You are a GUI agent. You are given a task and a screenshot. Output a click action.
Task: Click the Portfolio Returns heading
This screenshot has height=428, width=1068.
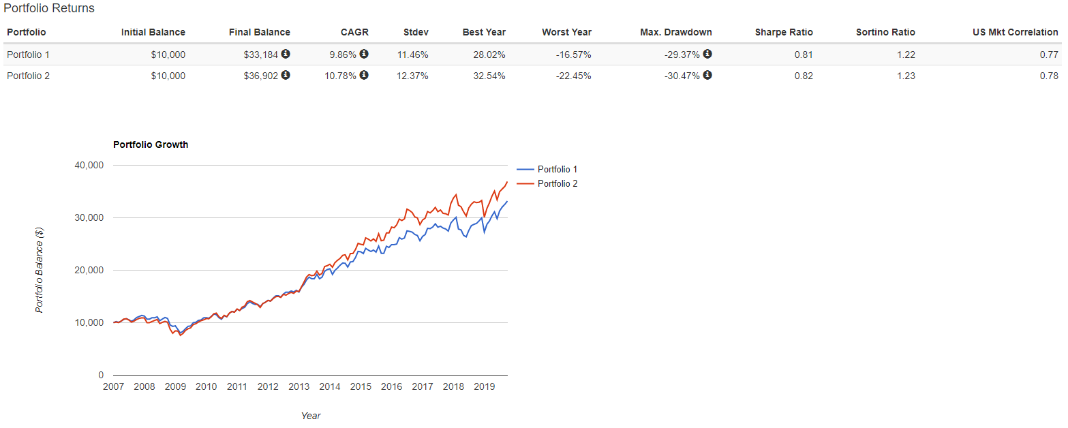49,9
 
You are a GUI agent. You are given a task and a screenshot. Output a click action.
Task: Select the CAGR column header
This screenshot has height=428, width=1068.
354,32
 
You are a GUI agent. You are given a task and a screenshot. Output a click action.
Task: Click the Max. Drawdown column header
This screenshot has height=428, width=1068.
675,32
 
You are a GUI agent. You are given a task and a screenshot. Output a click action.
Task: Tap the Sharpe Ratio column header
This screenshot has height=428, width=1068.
784,32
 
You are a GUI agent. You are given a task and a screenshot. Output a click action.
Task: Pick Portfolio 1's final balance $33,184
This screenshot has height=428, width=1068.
261,55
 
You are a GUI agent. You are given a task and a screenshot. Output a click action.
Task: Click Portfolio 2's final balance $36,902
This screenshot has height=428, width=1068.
261,76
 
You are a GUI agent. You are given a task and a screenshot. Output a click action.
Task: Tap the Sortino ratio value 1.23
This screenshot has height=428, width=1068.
906,76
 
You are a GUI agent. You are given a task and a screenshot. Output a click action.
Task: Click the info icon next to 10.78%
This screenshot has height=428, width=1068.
364,75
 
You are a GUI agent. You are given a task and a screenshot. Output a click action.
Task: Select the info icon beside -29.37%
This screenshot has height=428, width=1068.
707,54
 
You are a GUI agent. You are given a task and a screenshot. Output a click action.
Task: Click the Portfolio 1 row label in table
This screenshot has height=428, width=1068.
28,55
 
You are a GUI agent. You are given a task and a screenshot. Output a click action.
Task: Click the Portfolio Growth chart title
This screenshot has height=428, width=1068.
151,144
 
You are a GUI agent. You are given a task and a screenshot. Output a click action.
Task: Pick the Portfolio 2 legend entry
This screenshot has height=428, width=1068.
557,183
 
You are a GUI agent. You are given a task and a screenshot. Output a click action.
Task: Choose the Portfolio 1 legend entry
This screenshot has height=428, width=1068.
557,169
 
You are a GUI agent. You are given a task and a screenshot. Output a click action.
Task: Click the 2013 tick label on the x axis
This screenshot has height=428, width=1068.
299,386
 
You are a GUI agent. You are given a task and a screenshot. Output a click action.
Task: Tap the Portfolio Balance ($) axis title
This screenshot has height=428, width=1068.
40,270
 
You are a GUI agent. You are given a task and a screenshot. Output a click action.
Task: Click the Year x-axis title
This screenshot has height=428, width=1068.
311,415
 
